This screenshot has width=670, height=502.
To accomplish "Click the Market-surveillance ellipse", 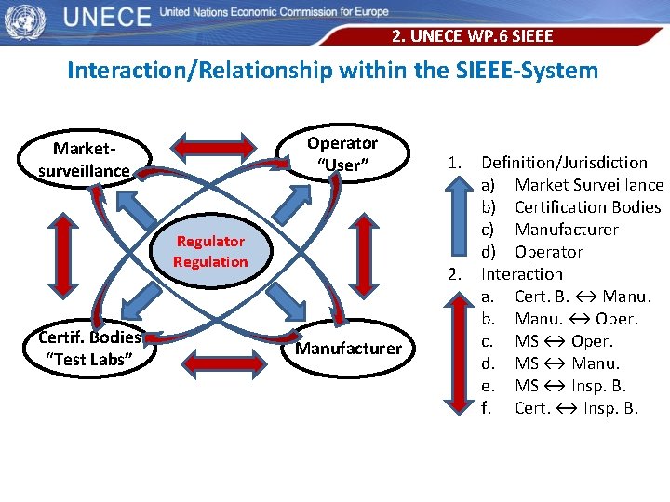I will coord(85,159).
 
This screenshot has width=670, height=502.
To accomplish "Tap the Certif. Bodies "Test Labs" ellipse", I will coord(89,348).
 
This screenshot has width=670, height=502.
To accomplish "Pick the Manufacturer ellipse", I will coord(348,349).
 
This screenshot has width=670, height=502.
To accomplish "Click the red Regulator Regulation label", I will coord(210,251).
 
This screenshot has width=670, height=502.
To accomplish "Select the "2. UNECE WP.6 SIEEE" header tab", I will coord(472,36).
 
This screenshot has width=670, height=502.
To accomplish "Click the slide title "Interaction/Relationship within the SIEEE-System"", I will coord(332,70).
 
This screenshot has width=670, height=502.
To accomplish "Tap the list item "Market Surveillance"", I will coord(588,185).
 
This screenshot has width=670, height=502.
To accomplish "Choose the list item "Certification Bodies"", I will coord(587,207).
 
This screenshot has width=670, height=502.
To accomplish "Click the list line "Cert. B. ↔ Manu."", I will coord(582,297).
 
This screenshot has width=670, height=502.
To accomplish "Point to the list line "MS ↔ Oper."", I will coord(563,341).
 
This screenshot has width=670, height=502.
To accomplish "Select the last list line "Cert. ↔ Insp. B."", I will coord(576,408).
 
